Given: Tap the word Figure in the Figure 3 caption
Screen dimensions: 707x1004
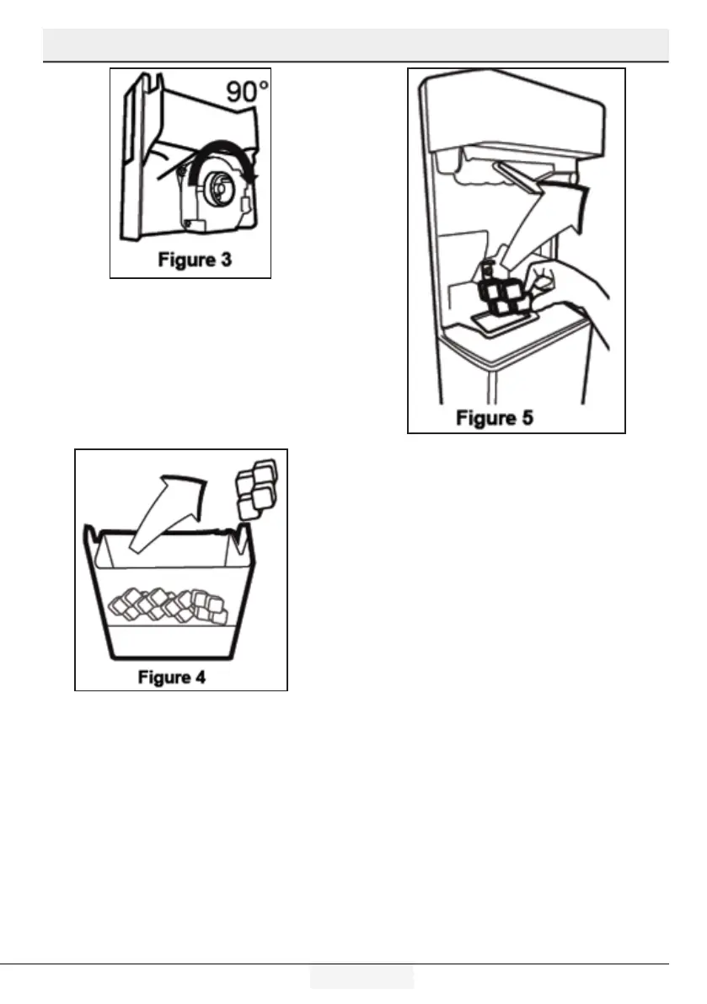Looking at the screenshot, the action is tap(185, 260).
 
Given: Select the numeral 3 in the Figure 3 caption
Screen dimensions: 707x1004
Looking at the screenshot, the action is tap(226, 260).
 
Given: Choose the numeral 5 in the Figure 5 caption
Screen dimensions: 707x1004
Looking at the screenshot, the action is tap(526, 418).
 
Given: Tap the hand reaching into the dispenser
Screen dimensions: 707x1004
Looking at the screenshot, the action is tap(573, 291).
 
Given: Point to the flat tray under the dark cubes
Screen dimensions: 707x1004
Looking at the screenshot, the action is tap(497, 319).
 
